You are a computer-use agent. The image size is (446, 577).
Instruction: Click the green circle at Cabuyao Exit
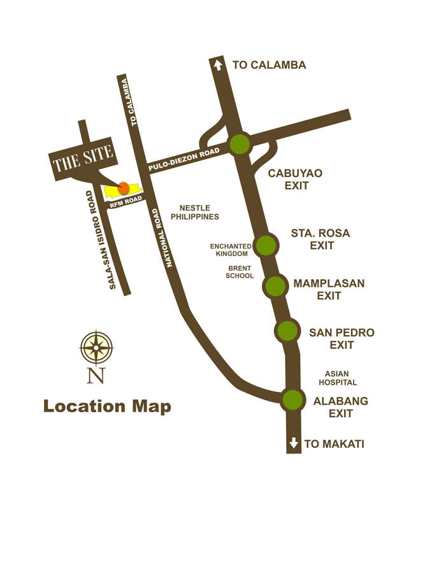coord(240,144)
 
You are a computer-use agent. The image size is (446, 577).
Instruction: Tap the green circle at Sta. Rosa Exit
coord(265,245)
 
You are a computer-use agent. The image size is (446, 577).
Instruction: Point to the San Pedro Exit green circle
coord(287,331)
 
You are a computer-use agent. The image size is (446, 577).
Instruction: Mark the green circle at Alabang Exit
coord(292,400)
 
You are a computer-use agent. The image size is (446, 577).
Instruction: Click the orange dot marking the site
coord(124,188)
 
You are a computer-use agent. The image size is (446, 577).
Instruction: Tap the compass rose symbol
coord(96,348)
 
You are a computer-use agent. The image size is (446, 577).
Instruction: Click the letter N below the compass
coord(96,376)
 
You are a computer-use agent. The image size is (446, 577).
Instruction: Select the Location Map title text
coord(107,406)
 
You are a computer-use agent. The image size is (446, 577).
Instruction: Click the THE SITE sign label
coord(83,158)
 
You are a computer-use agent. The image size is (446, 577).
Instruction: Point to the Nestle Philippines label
coord(194,212)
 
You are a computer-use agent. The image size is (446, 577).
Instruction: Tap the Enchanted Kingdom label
coord(231,250)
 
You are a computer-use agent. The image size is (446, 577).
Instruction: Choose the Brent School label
coord(240,272)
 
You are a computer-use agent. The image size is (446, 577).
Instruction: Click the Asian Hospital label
coord(338,378)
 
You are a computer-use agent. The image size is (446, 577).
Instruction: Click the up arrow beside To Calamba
coord(218,64)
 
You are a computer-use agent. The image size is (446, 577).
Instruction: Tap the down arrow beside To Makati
coord(294,443)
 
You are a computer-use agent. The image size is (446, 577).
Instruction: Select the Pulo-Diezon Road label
coord(183,159)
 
